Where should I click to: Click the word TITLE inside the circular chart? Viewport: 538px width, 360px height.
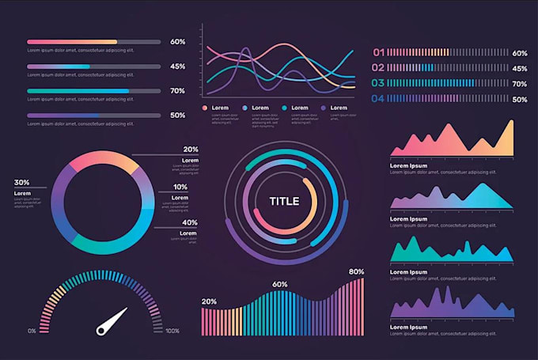pos(284,201)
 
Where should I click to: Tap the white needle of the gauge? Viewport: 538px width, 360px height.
pos(112,319)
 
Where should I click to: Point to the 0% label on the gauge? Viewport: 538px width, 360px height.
pos(32,331)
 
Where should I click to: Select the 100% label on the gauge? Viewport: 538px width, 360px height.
pos(172,331)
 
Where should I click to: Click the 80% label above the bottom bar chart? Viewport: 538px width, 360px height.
pos(356,271)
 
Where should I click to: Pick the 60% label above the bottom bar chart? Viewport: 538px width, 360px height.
pos(279,284)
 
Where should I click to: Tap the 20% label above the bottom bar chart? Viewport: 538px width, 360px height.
pos(209,301)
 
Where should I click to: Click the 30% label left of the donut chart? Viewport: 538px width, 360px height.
pos(21,182)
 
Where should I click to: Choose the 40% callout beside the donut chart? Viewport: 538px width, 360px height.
pos(191,222)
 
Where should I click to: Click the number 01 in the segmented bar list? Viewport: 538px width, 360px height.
pos(378,53)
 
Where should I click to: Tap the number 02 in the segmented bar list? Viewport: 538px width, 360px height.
pos(378,68)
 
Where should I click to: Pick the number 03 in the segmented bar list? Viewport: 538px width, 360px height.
pos(378,83)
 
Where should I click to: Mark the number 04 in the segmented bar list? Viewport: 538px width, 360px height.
pos(378,99)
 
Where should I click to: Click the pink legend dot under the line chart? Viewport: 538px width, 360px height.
pos(205,108)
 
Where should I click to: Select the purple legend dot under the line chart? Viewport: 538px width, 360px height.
pos(324,108)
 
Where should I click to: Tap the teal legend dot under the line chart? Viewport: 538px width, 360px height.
pos(284,108)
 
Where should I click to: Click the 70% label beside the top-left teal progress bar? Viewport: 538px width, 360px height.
pos(177,91)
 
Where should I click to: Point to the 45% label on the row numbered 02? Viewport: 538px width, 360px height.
pos(520,68)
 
